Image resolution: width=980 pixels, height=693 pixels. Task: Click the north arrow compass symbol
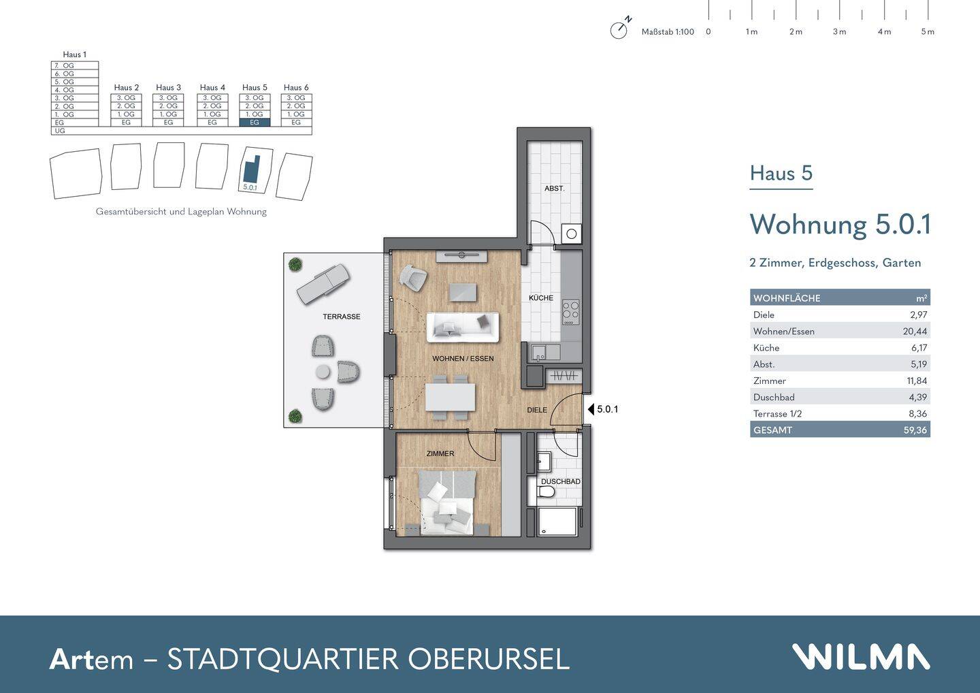(619, 30)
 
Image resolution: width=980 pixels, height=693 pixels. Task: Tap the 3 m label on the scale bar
(839, 32)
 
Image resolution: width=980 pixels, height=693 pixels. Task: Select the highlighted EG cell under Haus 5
(255, 123)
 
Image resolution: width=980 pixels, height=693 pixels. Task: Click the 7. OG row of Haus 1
(75, 65)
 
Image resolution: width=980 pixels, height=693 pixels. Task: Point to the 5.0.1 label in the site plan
(250, 187)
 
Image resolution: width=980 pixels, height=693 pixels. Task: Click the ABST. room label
(554, 188)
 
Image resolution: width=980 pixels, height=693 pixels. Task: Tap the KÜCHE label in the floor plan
(541, 298)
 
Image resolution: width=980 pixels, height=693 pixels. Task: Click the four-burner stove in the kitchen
(570, 312)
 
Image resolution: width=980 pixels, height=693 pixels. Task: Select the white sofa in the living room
(462, 327)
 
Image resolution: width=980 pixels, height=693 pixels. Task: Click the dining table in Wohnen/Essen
(450, 397)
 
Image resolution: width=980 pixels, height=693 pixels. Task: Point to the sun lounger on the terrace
(323, 285)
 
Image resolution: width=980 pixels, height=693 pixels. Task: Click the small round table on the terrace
(323, 372)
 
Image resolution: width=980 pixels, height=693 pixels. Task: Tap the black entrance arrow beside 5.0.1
(590, 409)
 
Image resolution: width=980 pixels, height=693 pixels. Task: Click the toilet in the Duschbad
(545, 491)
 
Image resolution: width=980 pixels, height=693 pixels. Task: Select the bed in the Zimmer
(446, 502)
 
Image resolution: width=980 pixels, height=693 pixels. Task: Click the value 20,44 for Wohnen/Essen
(915, 332)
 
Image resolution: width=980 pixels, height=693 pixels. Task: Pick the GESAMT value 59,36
(915, 430)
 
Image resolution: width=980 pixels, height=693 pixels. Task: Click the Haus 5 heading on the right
(781, 174)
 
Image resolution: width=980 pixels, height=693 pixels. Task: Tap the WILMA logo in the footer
(860, 658)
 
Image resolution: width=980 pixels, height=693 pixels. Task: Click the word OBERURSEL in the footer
(488, 659)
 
